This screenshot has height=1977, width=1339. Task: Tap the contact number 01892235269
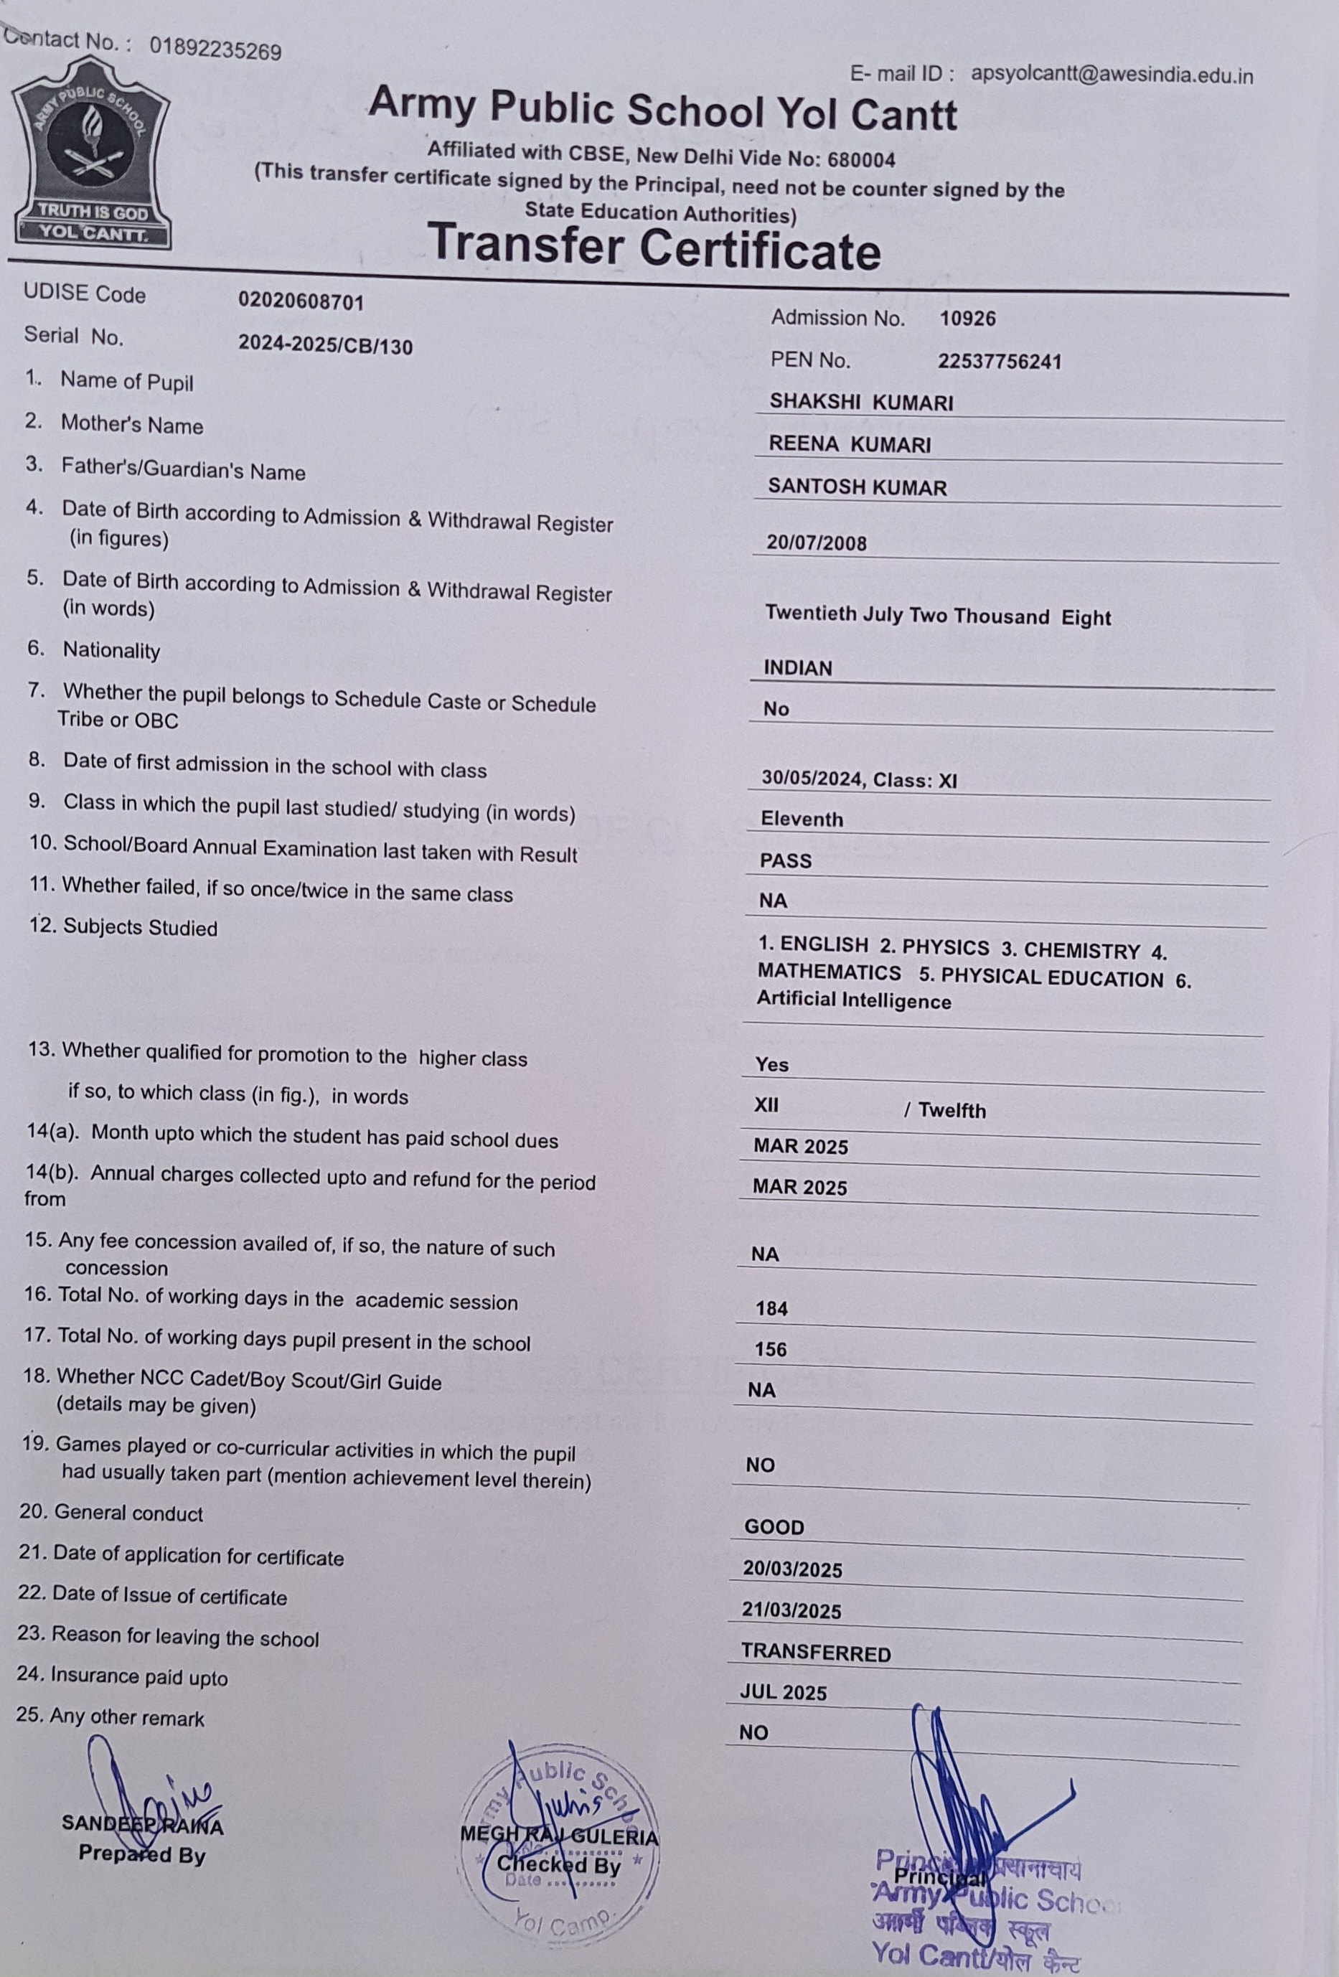pyautogui.click(x=215, y=50)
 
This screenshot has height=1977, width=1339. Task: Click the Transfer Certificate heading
pyautogui.click(x=653, y=247)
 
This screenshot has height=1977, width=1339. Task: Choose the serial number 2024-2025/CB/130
pyautogui.click(x=325, y=344)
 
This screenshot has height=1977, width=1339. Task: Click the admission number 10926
pyautogui.click(x=967, y=319)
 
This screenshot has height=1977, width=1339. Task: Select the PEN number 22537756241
pyautogui.click(x=1000, y=362)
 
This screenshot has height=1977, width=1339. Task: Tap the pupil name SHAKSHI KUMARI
pyautogui.click(x=861, y=403)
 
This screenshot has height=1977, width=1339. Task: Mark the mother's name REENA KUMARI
pyautogui.click(x=849, y=445)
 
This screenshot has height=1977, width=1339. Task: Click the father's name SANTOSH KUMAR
pyautogui.click(x=857, y=487)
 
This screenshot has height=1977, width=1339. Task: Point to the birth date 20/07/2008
pyautogui.click(x=816, y=543)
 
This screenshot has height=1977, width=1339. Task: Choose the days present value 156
pyautogui.click(x=771, y=1350)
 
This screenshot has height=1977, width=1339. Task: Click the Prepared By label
pyautogui.click(x=142, y=1854)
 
